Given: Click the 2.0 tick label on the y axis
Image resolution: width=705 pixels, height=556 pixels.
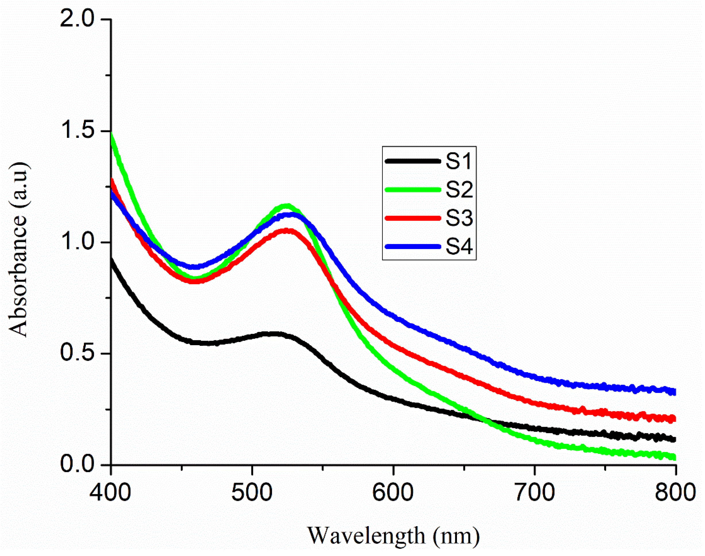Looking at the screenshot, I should [x=76, y=20].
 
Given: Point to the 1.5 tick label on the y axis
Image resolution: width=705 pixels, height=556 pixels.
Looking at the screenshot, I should [x=76, y=131].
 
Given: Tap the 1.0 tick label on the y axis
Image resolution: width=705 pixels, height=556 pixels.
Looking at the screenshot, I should [x=76, y=242].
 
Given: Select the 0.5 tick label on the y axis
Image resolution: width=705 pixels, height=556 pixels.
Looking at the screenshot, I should [x=76, y=354].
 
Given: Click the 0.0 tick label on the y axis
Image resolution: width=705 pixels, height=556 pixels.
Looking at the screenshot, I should [x=76, y=465].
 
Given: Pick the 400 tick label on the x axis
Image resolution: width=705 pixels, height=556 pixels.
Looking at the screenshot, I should [x=111, y=493].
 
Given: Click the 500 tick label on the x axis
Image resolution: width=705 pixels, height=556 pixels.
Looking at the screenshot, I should [x=252, y=493].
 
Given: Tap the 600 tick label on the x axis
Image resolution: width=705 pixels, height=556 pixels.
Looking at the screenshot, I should [x=393, y=493].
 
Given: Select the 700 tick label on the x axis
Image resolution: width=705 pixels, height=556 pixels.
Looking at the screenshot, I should [x=535, y=493].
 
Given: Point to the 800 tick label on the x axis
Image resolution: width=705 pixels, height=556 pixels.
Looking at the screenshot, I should [x=676, y=493].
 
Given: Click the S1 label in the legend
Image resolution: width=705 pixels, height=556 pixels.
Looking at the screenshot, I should [x=459, y=161].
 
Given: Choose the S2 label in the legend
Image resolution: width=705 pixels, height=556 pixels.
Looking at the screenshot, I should [x=459, y=190].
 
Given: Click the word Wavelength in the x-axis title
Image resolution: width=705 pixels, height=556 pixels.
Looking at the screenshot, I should [x=366, y=536].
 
